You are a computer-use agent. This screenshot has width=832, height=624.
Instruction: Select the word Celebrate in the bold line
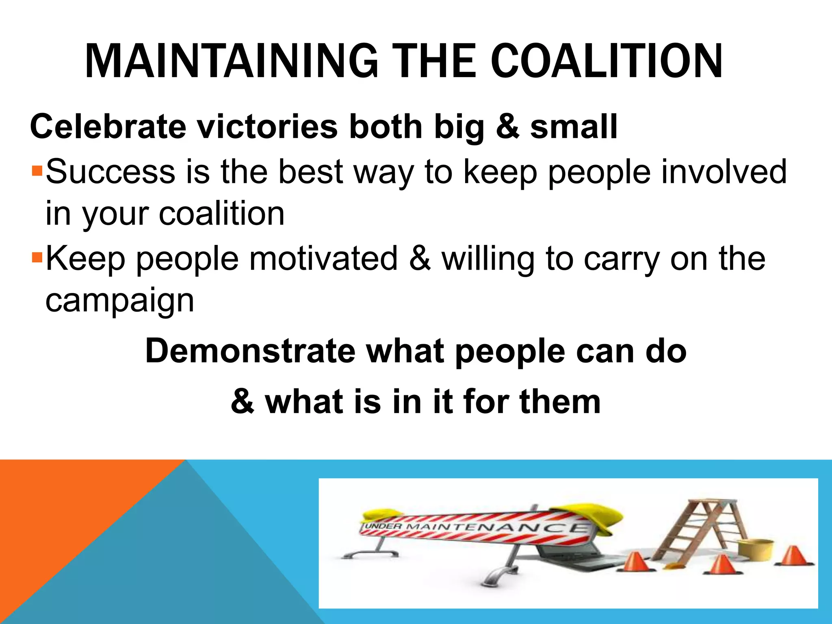tap(108, 126)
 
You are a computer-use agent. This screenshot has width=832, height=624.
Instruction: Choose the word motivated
tap(323, 258)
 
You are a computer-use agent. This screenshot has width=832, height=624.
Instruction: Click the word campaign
tap(120, 301)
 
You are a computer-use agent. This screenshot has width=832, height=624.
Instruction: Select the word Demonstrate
tap(250, 351)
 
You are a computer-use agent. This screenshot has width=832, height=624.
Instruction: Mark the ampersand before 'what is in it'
tap(243, 401)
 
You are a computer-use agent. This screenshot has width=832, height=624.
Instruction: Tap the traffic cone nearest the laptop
tap(636, 563)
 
